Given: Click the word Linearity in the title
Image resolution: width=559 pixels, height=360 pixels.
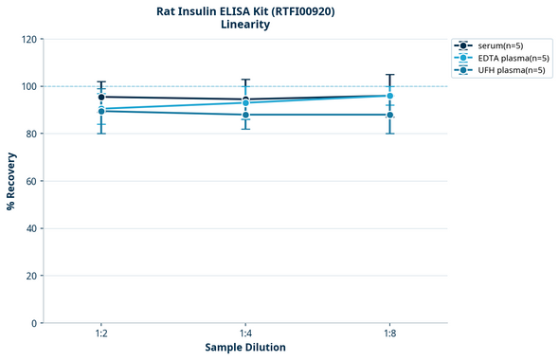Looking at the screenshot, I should pos(245,25).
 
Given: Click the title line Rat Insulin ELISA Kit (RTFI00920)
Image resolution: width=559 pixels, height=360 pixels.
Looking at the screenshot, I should pos(245,10).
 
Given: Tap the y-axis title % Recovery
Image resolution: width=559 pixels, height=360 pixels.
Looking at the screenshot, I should pos(11,180).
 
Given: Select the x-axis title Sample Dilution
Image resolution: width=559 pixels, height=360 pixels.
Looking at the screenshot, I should pos(245,348).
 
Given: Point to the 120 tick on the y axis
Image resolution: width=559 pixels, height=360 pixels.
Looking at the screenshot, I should pos(28,39).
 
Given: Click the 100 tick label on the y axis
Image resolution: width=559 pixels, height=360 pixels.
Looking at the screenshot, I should pos(28,86).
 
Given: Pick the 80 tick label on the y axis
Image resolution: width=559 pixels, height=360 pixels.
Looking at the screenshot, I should pos(31,134).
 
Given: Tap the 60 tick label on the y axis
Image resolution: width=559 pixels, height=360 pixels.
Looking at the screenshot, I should pos(31,181).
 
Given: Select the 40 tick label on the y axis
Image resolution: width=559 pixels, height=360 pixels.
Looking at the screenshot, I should pos(31,228).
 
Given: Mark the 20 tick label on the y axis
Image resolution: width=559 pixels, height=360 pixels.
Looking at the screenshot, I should pos(31,276).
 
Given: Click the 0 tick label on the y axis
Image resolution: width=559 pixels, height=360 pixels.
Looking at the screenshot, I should pos(34,323).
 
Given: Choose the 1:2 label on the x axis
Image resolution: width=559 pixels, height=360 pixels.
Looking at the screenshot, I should pos(101,334).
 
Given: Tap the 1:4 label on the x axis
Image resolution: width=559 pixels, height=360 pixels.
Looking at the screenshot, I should pos(245,334).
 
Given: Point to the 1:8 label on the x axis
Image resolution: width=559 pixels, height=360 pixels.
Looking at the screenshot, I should pos(389,334).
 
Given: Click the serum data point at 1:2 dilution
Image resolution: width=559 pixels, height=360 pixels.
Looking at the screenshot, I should pos(101,97).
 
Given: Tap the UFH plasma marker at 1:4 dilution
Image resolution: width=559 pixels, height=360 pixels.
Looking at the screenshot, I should pos(245,115).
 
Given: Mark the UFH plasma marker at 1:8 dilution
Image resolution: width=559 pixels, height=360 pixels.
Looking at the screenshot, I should pos(389,115).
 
